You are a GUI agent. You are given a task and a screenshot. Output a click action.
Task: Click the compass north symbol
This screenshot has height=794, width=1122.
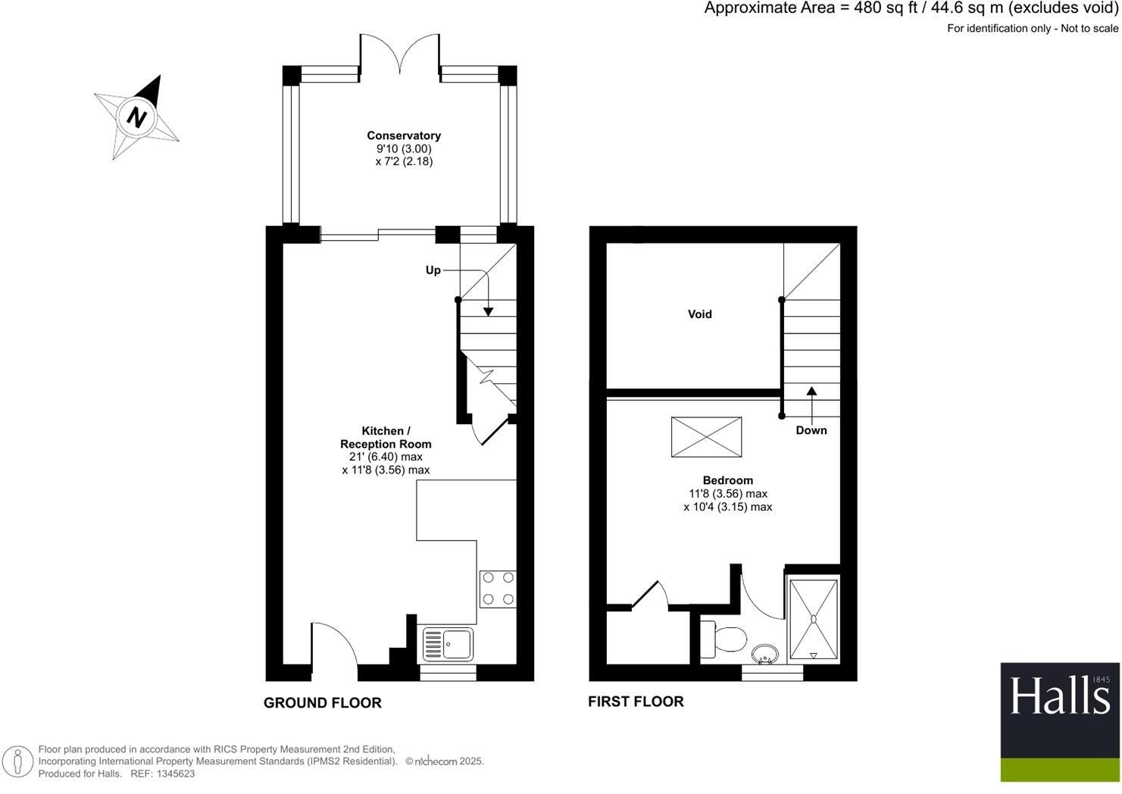[x=136, y=117]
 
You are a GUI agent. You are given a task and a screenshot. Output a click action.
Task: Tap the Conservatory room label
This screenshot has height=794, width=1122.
[x=404, y=136]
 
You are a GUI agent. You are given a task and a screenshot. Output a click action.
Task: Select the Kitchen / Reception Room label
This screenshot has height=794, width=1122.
[x=386, y=437]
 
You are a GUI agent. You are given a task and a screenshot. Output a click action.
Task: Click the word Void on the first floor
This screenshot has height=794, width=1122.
[x=699, y=314]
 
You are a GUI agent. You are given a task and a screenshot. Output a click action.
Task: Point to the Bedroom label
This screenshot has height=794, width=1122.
[x=727, y=480]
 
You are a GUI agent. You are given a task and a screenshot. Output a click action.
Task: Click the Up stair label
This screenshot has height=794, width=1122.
[x=433, y=270]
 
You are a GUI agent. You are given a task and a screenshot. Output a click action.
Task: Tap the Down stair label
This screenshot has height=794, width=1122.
[x=811, y=430]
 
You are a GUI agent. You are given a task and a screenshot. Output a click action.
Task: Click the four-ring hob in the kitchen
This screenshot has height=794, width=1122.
[x=498, y=589]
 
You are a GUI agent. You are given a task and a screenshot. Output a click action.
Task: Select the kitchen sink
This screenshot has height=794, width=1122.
[x=447, y=644]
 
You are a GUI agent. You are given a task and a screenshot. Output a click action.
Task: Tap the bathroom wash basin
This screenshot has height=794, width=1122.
[x=765, y=654]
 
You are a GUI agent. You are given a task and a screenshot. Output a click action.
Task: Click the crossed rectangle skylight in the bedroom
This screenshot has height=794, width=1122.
[x=706, y=436]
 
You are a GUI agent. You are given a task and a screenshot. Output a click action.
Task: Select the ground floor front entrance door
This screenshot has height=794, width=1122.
[x=333, y=648]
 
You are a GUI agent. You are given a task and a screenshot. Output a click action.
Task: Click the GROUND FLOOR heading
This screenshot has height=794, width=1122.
[x=322, y=703]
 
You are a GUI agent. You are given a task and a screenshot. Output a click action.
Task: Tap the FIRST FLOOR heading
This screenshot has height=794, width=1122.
[x=636, y=702]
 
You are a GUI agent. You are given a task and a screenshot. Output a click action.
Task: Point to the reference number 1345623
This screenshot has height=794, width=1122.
[x=173, y=774]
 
